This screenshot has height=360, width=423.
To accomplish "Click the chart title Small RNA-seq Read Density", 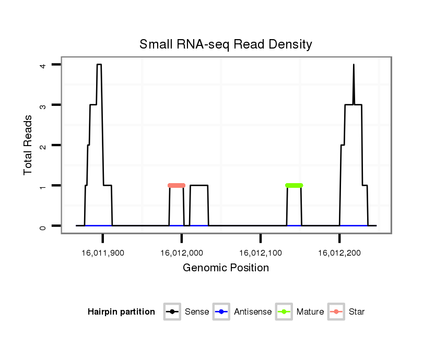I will point(226,44).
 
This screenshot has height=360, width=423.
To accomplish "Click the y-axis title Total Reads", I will point(28,145).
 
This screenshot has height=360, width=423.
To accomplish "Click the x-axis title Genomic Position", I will point(226,268).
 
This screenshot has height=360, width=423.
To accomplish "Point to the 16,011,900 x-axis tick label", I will point(103,253).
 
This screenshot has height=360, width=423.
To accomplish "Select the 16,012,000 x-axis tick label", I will point(182,253).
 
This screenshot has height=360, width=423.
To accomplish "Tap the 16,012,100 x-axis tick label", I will point(261,253).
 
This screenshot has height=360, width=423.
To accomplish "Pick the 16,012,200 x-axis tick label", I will point(339,253).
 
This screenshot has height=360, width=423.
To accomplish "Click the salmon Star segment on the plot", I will point(177,185).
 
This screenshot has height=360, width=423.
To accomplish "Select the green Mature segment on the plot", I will point(294,185).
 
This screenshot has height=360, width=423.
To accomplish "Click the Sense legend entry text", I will point(197,312).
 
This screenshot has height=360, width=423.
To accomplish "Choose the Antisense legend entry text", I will point(253,312).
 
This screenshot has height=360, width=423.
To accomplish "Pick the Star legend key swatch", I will point(336,312).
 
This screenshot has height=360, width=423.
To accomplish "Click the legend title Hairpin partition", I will point(121,312).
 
